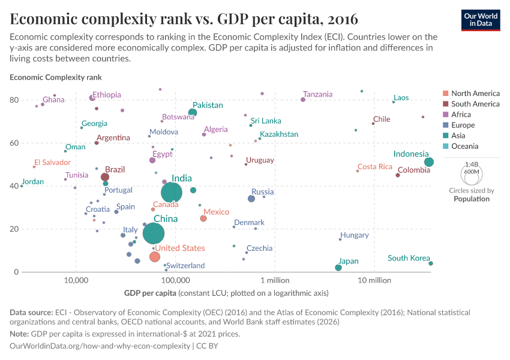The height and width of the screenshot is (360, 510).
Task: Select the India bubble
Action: click(172, 192)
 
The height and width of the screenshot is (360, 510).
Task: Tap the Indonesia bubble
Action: click(428, 162)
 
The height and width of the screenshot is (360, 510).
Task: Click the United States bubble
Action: click(155, 257)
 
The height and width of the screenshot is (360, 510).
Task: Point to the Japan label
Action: click(348, 261)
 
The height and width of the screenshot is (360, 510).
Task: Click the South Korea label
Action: click(409, 258)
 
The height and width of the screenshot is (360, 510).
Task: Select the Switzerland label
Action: click(185, 265)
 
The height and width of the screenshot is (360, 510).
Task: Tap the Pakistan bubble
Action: click(193, 113)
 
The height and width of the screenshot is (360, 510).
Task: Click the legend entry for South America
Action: click(475, 104)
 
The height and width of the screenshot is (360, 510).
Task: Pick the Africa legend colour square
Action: click(445, 115)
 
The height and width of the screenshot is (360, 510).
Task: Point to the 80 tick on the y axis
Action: click(14, 100)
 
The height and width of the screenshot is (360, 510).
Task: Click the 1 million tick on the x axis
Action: click(275, 280)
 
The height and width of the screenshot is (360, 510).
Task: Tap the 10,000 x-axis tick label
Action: click(76, 280)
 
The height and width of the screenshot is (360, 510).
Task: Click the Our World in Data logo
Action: click(481, 19)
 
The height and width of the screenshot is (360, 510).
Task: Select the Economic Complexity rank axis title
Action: click(56, 77)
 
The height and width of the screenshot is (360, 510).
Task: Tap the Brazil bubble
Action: click(105, 177)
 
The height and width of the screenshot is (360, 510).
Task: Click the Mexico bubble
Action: click(203, 218)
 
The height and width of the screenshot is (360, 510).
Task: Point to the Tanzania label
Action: click(317, 94)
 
